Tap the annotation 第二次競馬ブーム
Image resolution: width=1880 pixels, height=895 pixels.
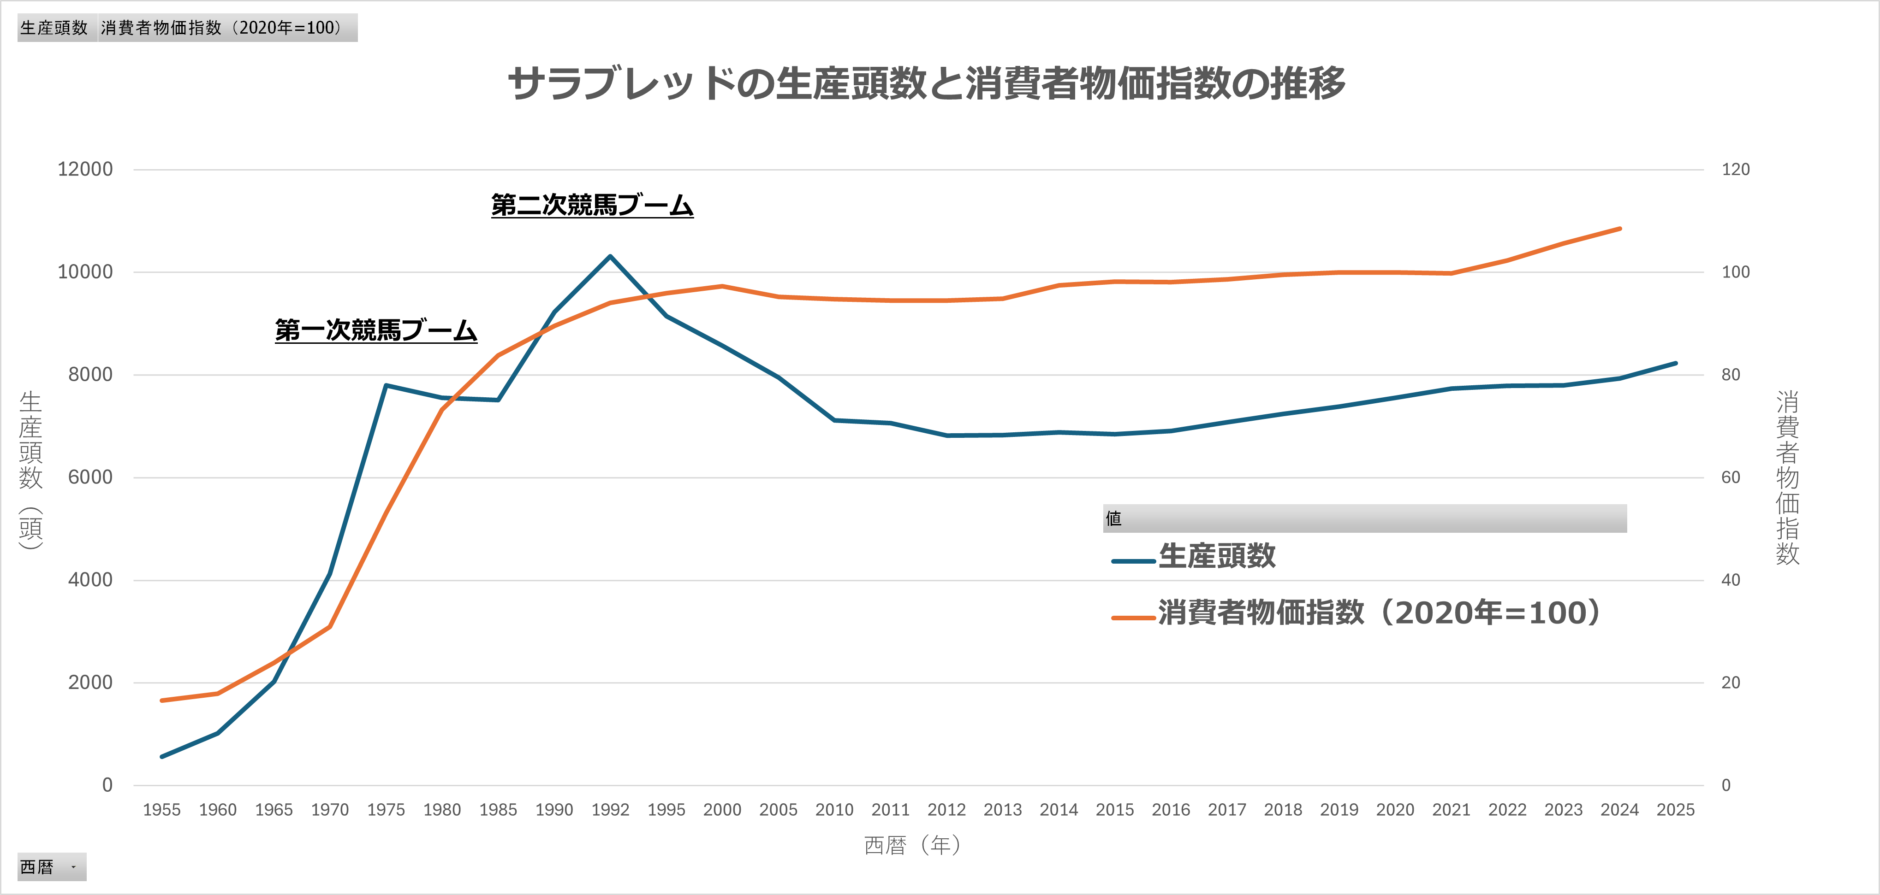coord(592,205)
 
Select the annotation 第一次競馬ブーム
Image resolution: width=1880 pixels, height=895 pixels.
coord(376,330)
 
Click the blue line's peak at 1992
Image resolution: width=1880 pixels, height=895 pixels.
coord(610,256)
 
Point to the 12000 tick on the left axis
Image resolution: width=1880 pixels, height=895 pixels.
coord(85,169)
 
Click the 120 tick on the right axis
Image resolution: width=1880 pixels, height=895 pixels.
coord(1736,169)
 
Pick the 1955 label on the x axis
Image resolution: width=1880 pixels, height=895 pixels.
coord(161,810)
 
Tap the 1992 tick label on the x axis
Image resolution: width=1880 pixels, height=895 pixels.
coord(610,810)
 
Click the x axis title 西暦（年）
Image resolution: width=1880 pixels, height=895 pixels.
coord(912,845)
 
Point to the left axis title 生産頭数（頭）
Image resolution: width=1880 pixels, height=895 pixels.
coord(30,471)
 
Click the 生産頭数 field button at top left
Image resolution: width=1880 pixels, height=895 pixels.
coord(55,28)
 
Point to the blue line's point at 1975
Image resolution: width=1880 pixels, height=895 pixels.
coord(385,385)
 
